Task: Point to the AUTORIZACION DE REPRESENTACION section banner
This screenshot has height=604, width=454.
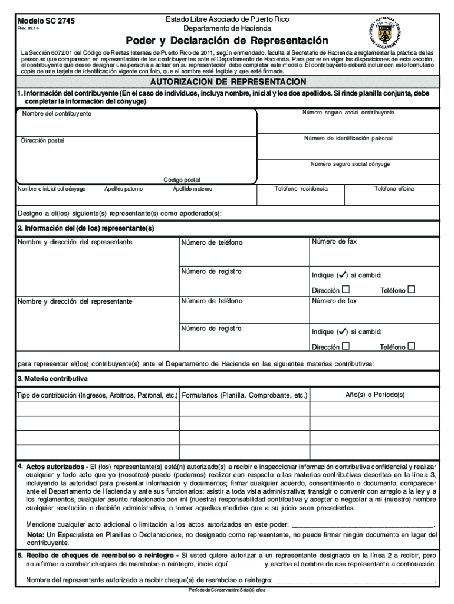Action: coord(228,81)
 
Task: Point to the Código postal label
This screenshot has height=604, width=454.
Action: coord(182,180)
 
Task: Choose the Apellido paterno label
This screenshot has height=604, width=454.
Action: coord(124,189)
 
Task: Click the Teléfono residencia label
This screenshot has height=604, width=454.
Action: coord(301,189)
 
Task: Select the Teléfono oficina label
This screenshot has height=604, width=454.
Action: coord(394,189)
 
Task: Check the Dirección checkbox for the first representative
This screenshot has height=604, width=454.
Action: coord(346,290)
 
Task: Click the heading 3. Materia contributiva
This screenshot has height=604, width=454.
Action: coord(52,378)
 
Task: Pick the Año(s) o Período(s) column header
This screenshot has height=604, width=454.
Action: coord(374,395)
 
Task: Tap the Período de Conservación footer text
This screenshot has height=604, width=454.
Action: coord(227,590)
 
